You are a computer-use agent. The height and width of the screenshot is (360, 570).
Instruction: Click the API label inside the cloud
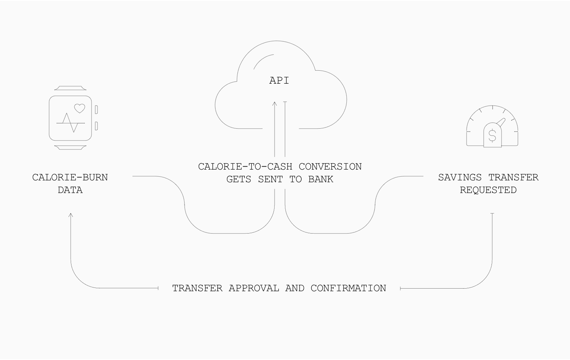click(279, 81)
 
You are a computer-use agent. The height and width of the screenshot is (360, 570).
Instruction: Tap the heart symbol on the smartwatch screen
click(80, 108)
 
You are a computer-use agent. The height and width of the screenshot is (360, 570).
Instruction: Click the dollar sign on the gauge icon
click(492, 136)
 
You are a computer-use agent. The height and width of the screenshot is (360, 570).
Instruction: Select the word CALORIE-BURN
click(70, 177)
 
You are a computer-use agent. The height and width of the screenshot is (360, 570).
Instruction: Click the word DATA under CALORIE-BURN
click(70, 190)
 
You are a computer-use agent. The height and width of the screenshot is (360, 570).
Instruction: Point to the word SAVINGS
click(460, 177)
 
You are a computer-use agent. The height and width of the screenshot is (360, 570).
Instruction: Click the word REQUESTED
click(488, 190)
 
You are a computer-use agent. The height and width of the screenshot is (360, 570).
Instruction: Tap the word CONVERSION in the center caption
click(330, 167)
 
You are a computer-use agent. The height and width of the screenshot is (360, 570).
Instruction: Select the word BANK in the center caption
click(321, 179)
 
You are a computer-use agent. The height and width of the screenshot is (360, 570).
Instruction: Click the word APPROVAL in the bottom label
click(254, 288)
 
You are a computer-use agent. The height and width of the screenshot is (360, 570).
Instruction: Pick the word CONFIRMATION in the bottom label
click(348, 288)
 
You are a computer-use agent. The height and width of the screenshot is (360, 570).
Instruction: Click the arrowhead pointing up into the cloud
click(275, 104)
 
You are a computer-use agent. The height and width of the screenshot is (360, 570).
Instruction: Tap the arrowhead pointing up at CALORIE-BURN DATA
click(71, 215)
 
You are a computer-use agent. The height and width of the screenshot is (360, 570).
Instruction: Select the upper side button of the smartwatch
click(96, 109)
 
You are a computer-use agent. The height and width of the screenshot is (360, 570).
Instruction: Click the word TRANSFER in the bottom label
click(197, 288)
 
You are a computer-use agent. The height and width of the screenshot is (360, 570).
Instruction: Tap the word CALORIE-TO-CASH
click(245, 167)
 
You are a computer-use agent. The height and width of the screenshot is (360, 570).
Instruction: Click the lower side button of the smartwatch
click(96, 126)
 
